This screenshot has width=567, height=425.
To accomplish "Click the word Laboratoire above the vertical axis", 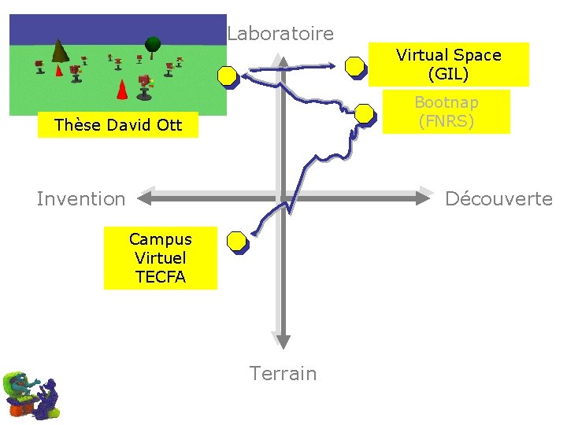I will [x=280, y=34].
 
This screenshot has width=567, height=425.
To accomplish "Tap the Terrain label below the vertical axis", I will [x=283, y=373].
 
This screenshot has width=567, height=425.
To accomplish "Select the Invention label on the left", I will [x=81, y=199].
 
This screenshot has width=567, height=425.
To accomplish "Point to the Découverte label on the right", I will [x=498, y=199].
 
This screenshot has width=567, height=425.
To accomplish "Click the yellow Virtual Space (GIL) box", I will [x=448, y=65].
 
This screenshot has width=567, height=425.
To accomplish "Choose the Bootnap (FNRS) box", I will [x=446, y=112].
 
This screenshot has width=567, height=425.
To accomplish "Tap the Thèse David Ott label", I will [x=118, y=125].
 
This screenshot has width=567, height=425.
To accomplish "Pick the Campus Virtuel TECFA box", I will [x=161, y=257].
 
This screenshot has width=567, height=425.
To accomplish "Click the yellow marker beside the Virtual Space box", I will [x=357, y=67].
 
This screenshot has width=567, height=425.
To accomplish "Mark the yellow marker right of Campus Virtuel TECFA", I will [x=236, y=242].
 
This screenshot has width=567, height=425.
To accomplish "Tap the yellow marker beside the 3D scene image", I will [x=228, y=76].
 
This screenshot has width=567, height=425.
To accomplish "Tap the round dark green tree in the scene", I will [x=153, y=42].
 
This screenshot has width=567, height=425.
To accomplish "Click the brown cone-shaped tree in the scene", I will [x=59, y=52].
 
